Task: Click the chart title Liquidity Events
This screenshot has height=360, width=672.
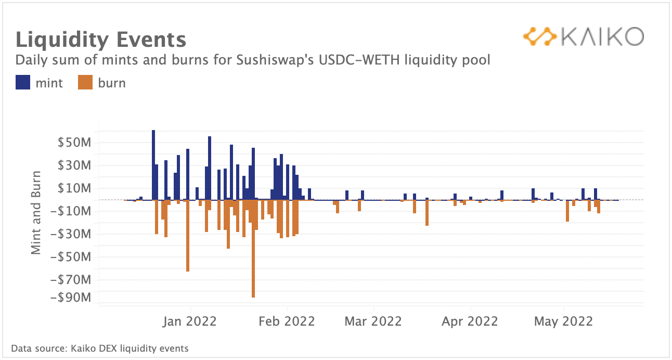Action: click(100, 40)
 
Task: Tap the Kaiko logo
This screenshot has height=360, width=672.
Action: click(583, 37)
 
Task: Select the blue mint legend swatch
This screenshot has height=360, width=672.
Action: click(23, 83)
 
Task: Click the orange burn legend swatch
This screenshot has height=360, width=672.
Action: click(85, 83)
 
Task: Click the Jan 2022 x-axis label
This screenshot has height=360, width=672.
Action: click(189, 322)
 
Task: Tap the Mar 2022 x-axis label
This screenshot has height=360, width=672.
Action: click(373, 322)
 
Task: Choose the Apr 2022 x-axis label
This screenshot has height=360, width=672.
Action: click(470, 322)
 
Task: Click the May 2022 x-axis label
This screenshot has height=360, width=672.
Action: click(563, 322)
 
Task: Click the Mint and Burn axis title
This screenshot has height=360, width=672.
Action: click(36, 212)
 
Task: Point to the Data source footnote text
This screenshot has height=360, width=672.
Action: click(100, 349)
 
